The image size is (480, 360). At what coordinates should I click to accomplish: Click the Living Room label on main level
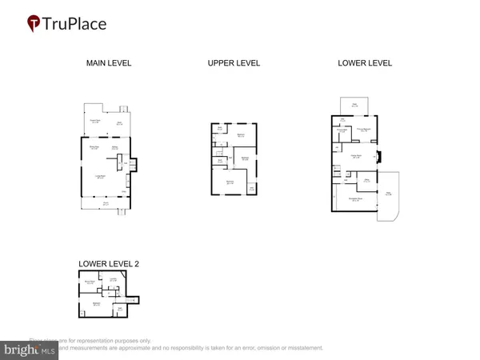pos(102,176)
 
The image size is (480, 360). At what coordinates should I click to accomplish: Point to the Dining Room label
pos(93,147)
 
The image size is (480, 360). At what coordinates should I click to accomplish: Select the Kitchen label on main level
pos(115,148)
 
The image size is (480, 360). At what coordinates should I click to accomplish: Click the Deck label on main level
pos(119,122)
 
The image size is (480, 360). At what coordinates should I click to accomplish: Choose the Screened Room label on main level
pos(94,122)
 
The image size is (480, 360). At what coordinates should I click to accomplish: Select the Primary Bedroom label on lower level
pos(364,129)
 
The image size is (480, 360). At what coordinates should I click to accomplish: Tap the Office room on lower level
pos(366,182)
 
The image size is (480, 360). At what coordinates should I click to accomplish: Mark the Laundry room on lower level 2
pos(114,279)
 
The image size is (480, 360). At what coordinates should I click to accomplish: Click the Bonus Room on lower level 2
pos(90,282)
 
